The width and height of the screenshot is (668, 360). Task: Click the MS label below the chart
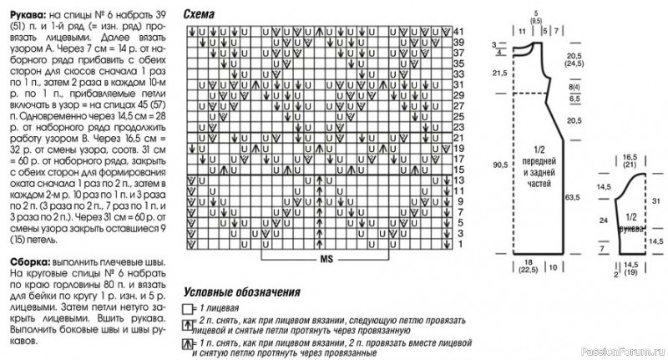tap(326, 259)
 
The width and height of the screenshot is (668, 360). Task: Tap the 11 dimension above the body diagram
tap(521, 31)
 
